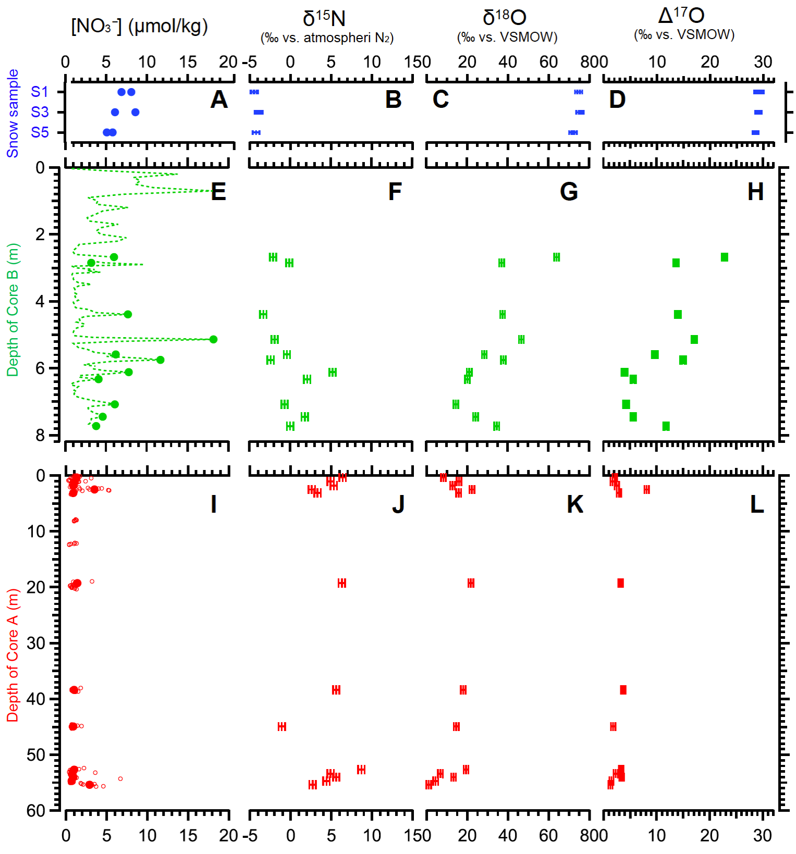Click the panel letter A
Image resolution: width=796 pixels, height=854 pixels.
(x=219, y=100)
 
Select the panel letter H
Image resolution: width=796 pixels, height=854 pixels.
(x=756, y=192)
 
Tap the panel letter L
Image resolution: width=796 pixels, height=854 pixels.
(x=757, y=504)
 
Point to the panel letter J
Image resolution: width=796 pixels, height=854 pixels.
(x=398, y=504)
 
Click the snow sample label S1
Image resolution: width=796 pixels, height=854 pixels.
(x=40, y=92)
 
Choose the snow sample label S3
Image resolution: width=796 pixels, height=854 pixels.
(x=40, y=112)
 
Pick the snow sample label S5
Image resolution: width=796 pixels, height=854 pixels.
(x=40, y=132)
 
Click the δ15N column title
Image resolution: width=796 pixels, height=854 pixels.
(x=324, y=19)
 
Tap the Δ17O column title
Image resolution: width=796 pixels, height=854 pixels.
(x=681, y=16)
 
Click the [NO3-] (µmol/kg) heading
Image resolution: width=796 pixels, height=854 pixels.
(x=139, y=26)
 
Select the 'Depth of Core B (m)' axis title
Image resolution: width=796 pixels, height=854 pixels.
(x=13, y=310)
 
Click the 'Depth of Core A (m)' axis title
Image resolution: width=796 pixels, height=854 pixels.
(x=13, y=655)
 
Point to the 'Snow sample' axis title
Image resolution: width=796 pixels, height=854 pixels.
(x=13, y=113)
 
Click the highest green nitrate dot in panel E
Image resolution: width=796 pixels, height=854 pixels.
(x=114, y=257)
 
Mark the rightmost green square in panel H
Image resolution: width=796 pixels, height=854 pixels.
(x=724, y=257)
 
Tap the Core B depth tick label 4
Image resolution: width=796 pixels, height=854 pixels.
(x=40, y=301)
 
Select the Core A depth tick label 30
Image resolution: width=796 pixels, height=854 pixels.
(x=36, y=643)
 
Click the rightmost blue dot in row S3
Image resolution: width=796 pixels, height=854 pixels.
(x=136, y=112)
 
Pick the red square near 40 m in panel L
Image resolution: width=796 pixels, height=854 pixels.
(x=623, y=690)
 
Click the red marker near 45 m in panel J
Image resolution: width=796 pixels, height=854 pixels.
(x=282, y=726)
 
